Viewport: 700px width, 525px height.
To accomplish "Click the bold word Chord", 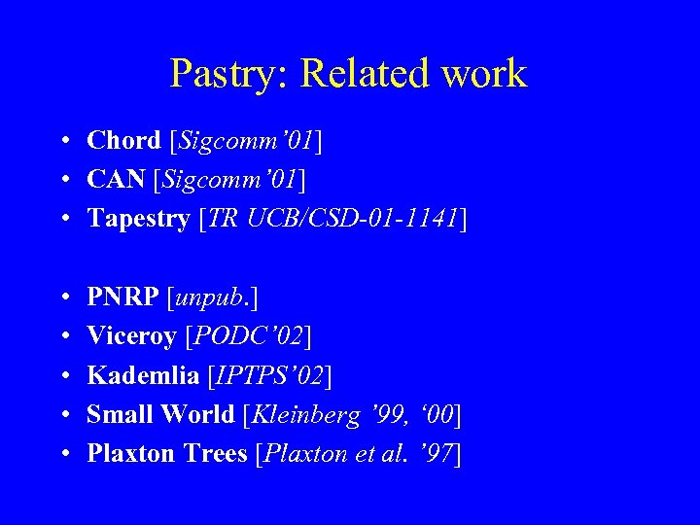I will click(123, 141).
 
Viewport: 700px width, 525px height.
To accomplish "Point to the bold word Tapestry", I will click(138, 219).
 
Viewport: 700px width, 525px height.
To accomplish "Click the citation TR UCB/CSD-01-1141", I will click(332, 219).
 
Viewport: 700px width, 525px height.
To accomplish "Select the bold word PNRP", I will click(123, 297).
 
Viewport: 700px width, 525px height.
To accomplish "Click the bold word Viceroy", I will click(131, 336).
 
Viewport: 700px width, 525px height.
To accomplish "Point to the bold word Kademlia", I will click(137, 375).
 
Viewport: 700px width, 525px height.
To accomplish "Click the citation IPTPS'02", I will click(275, 375).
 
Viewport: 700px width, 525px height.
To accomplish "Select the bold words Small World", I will click(160, 414).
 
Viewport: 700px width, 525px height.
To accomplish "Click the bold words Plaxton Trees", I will click(166, 453).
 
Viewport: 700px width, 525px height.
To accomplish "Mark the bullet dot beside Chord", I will click(61, 142).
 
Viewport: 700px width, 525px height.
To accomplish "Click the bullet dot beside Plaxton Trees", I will click(61, 454).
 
